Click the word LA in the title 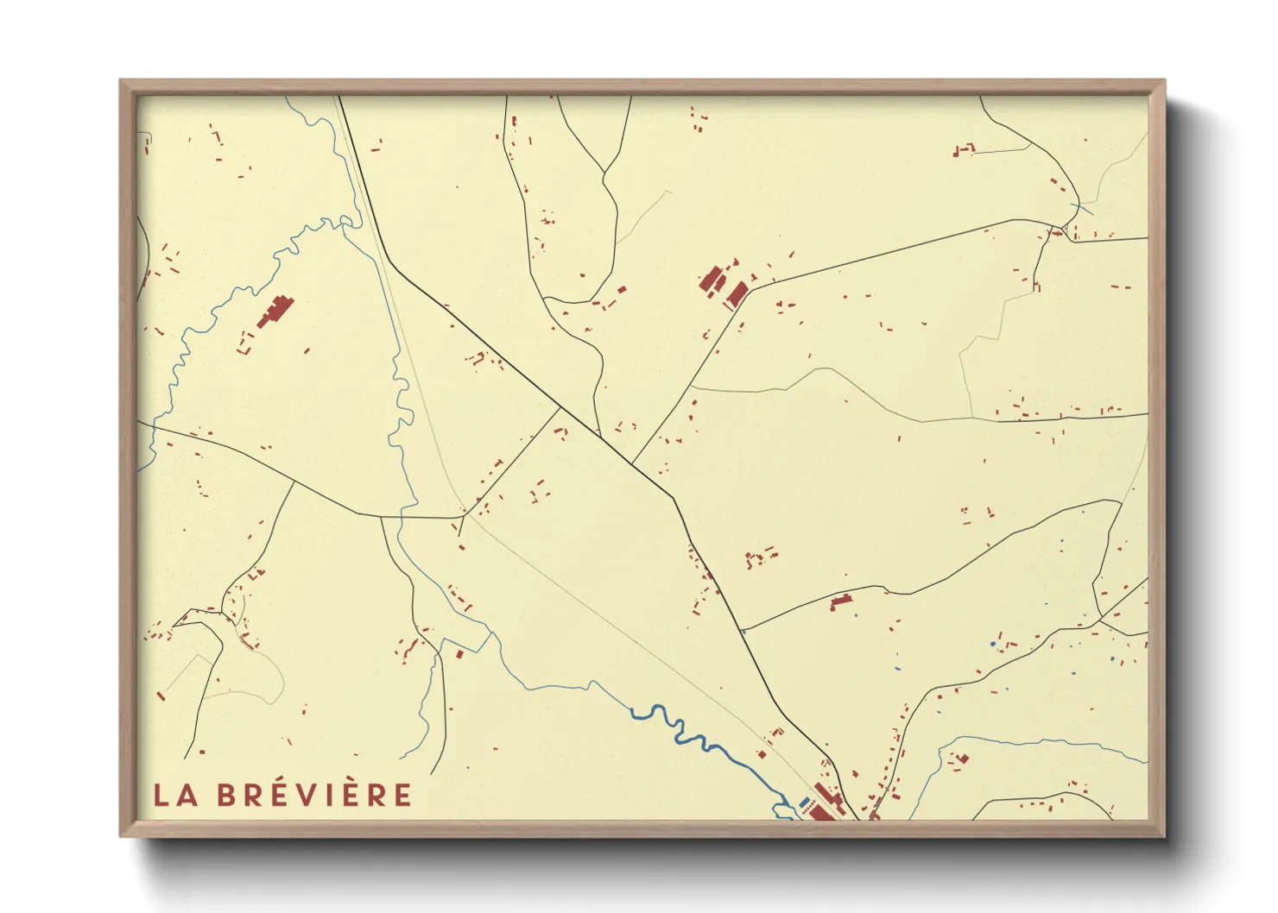tap(175, 796)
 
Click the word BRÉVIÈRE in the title tap(314, 795)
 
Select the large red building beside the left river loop tap(275, 312)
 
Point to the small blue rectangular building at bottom tap(805, 802)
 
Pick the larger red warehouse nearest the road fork tap(737, 293)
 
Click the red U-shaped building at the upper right tap(963, 150)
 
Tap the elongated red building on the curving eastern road tap(840, 601)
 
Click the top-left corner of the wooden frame tap(121, 81)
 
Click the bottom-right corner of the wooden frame tap(1164, 835)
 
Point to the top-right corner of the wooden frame tap(1164, 81)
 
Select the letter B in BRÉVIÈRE tap(226, 796)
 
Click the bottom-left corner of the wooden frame tap(121, 835)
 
